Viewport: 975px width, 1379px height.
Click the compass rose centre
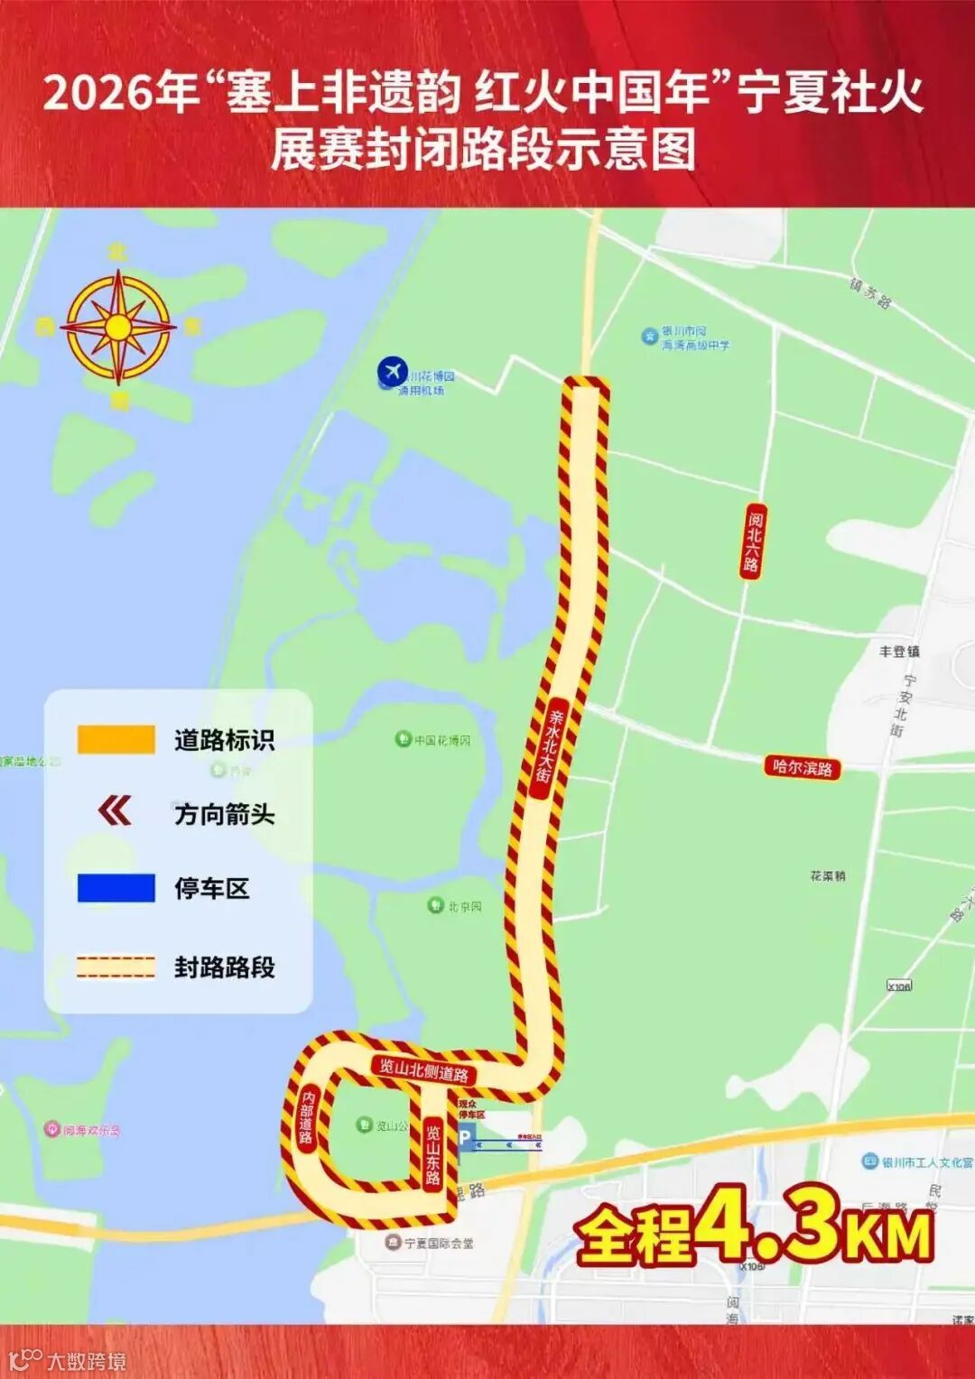pos(117,327)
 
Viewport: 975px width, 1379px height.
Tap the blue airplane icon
pos(393,370)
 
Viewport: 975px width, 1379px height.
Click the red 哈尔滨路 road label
pos(802,768)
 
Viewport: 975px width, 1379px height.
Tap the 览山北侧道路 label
pos(423,1070)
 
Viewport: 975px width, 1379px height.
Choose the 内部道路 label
pos(307,1117)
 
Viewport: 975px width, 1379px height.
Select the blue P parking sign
pos(465,1137)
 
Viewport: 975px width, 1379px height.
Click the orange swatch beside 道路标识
pos(116,740)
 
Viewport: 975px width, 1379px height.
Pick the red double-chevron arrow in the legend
pos(115,811)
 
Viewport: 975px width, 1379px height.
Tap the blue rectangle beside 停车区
pos(116,888)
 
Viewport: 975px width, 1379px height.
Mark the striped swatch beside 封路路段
pos(116,967)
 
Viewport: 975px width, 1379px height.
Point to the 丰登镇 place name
pos(899,651)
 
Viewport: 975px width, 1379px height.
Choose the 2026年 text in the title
pos(121,94)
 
